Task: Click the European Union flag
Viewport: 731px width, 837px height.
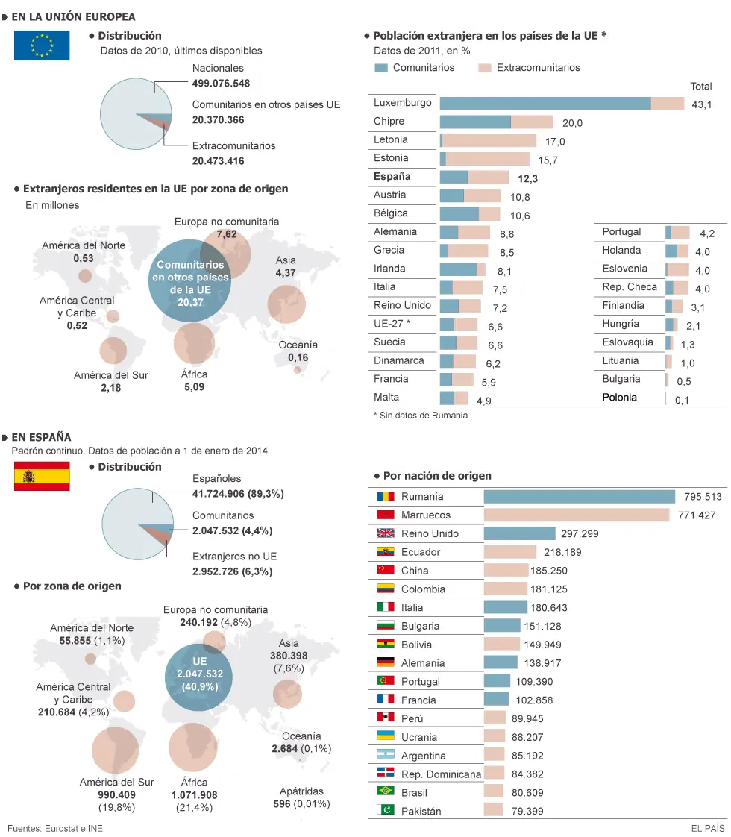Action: coord(42,46)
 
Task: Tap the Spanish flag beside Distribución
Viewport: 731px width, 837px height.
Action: coord(42,476)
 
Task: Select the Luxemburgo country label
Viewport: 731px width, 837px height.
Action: coord(402,102)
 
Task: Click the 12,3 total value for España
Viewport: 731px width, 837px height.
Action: coord(527,178)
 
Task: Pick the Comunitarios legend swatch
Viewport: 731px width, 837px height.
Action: coord(381,68)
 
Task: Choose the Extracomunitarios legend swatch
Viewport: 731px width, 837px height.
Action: coord(485,68)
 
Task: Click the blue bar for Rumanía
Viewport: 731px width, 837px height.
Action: coord(580,497)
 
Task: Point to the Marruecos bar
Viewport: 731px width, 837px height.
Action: coord(577,515)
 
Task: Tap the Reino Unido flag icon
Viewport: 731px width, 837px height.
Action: coord(385,533)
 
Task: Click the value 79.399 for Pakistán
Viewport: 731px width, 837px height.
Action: coord(527,811)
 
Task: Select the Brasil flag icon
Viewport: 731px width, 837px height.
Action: coord(385,791)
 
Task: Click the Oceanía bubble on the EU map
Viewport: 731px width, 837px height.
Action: coord(297,370)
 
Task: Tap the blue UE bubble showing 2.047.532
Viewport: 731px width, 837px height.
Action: coord(198,677)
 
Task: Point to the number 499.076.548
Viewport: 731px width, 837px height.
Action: coord(221,84)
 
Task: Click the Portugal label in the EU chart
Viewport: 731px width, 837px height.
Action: coord(621,232)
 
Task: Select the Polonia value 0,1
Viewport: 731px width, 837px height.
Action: coord(682,401)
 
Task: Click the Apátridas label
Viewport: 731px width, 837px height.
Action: coord(301,791)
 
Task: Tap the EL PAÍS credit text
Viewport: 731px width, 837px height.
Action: coord(708,829)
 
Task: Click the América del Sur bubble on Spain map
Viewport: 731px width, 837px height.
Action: coord(116,750)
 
